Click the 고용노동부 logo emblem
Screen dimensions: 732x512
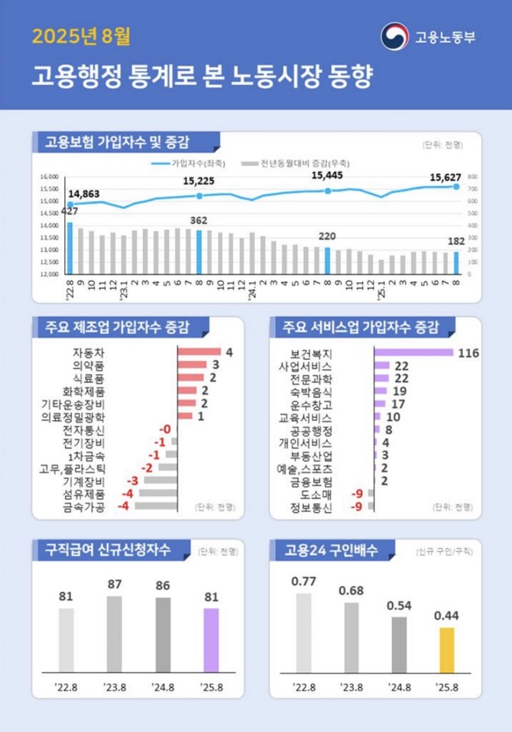(394, 37)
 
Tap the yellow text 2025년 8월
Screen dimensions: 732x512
(76, 37)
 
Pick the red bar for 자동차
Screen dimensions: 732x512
(198, 352)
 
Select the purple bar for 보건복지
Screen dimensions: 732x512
(413, 352)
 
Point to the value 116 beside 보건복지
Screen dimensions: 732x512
(468, 352)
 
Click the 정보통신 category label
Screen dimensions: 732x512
(312, 507)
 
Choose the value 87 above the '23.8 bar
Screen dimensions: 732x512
(115, 585)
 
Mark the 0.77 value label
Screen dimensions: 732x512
(303, 581)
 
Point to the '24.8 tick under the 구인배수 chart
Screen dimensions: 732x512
(400, 687)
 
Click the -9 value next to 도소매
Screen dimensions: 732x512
(357, 494)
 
